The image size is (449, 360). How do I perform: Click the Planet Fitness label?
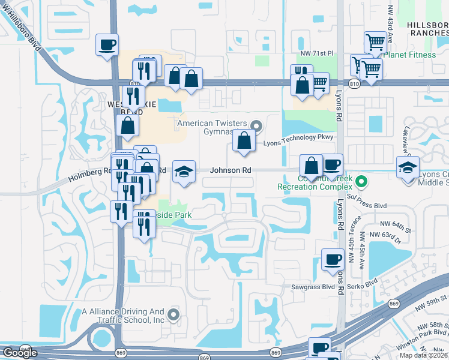pos(410,55)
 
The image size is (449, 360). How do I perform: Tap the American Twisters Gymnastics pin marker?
pos(258,126)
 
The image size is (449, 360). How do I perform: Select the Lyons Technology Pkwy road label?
pos(298,137)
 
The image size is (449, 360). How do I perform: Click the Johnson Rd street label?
pos(230,170)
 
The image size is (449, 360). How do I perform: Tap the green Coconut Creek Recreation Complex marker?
pos(361,180)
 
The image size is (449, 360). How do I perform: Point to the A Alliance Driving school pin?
pos(174,314)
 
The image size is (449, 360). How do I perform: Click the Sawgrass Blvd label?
pos(312,287)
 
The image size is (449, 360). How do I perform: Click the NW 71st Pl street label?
pos(316,53)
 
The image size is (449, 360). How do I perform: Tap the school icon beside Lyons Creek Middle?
pos(408,167)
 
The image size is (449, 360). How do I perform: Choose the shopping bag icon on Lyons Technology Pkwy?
pos(244,142)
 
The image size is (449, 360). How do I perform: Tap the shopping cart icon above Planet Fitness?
pos(375,41)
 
